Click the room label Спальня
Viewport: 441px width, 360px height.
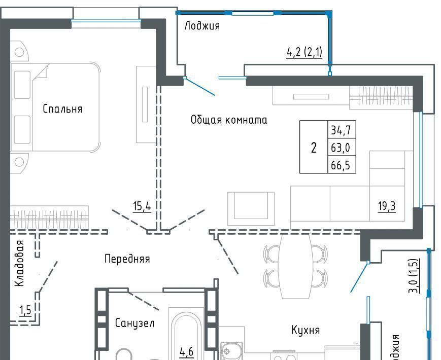pyautogui.click(x=62, y=109)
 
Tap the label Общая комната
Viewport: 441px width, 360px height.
pyautogui.click(x=229, y=120)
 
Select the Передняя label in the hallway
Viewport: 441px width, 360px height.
pyautogui.click(x=127, y=259)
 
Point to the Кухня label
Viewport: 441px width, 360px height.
pyautogui.click(x=306, y=330)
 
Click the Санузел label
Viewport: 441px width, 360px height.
pyautogui.click(x=134, y=323)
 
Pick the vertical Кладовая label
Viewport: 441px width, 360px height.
pyautogui.click(x=20, y=263)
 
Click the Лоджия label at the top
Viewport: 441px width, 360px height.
pyautogui.click(x=202, y=25)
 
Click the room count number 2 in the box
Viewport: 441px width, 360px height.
pyautogui.click(x=313, y=148)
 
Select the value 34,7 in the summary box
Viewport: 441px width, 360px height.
pyautogui.click(x=341, y=130)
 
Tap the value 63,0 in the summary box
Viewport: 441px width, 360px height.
pyautogui.click(x=341, y=148)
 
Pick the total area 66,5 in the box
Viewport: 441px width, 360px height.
pyautogui.click(x=341, y=165)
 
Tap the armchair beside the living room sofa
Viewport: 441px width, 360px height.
pyautogui.click(x=251, y=208)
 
